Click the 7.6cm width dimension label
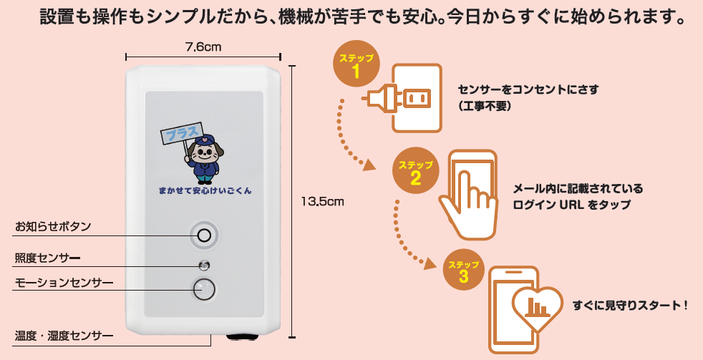pyautogui.click(x=203, y=47)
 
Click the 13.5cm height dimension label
pyautogui.click(x=324, y=202)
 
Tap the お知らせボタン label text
pyautogui.click(x=53, y=227)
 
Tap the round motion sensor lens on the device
pyautogui.click(x=204, y=288)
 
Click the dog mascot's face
pyautogui.click(x=205, y=152)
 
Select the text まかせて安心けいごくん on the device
pyautogui.click(x=205, y=191)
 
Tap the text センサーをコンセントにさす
pyautogui.click(x=528, y=90)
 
